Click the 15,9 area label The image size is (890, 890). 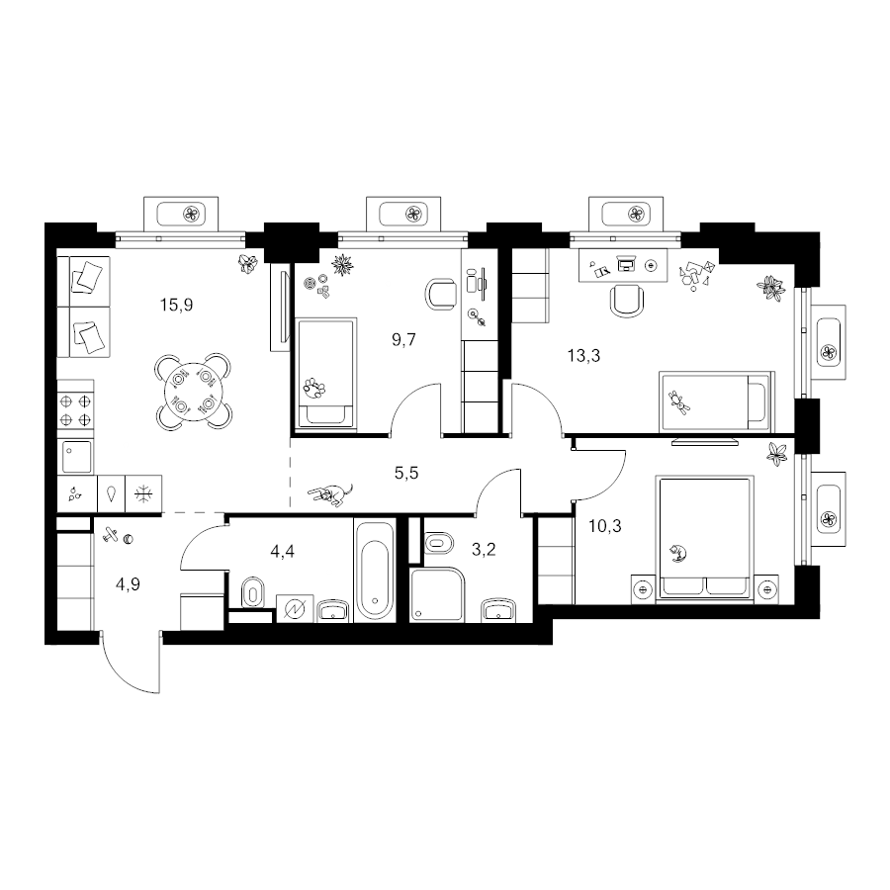[x=177, y=306]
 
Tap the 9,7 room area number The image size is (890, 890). [x=403, y=340]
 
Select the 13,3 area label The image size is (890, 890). [x=583, y=356]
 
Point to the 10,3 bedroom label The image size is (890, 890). [x=605, y=527]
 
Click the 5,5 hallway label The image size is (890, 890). [x=406, y=473]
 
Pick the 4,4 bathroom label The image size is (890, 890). [x=282, y=551]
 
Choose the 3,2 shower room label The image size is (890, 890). [x=485, y=550]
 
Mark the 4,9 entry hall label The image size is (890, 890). [x=128, y=584]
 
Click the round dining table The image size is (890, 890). [x=193, y=393]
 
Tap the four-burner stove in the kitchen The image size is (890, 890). [x=75, y=410]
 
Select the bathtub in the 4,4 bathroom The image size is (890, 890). [x=375, y=571]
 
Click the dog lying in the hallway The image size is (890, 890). [x=330, y=493]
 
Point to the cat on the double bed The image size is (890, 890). [x=677, y=552]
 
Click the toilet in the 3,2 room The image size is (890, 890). [x=439, y=543]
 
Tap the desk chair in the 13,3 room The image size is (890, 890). [x=627, y=300]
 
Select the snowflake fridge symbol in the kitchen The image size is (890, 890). [x=143, y=493]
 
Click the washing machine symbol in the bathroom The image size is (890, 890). [x=295, y=608]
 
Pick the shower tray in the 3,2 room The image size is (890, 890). [x=437, y=594]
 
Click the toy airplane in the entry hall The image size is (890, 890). [x=111, y=534]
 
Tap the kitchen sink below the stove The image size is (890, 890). [x=76, y=456]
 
